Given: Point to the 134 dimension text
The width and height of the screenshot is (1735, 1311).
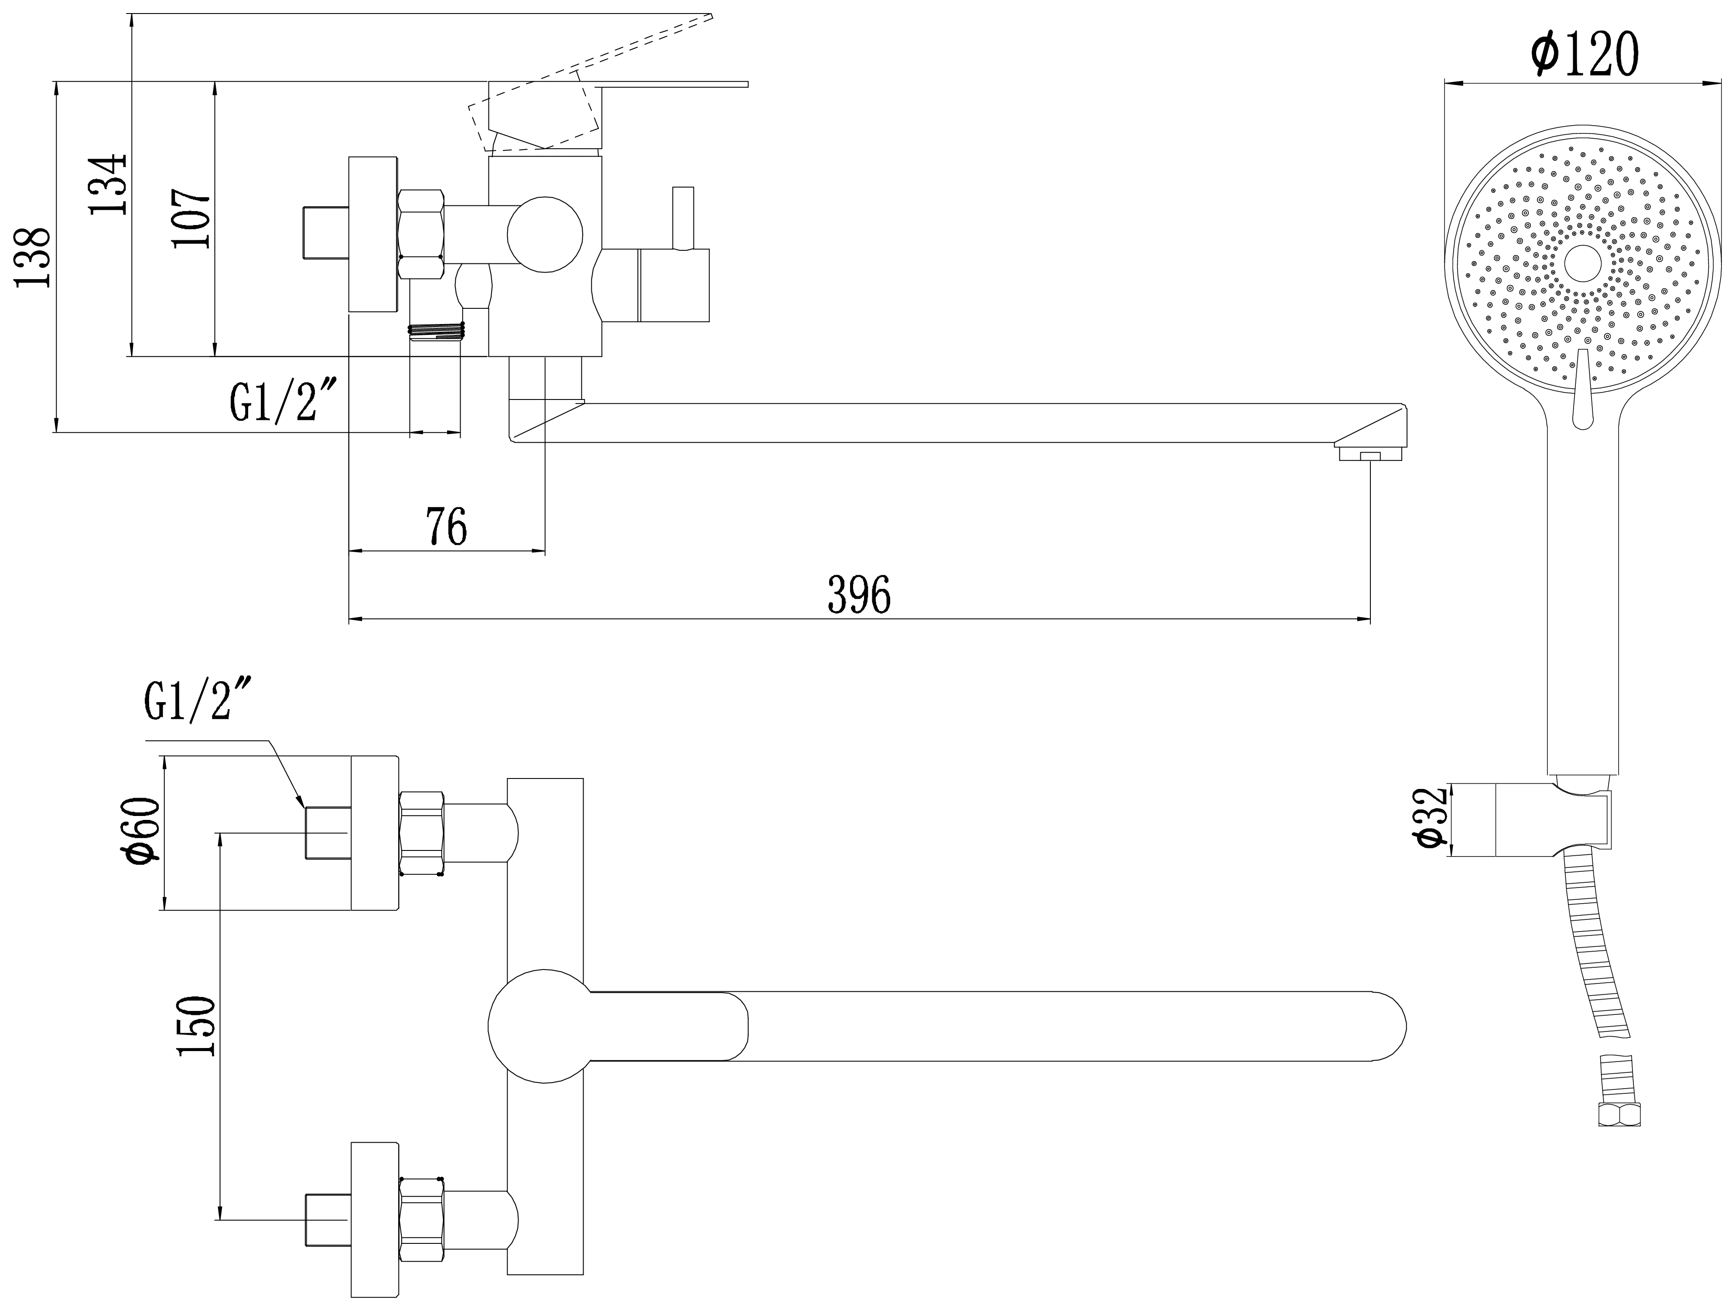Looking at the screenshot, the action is click(x=107, y=184).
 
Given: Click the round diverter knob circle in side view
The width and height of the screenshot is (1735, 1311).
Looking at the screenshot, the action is click(x=545, y=235).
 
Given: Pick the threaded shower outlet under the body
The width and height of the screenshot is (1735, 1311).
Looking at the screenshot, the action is click(x=436, y=331).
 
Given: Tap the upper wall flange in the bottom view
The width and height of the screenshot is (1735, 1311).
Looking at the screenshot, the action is click(x=375, y=833).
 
